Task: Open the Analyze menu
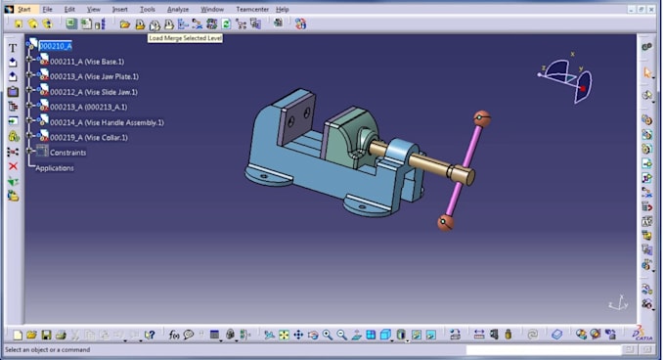coord(177,9)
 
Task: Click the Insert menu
coord(119,9)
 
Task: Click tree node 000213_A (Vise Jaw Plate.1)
coord(94,76)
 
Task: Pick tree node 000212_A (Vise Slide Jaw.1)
coord(95,92)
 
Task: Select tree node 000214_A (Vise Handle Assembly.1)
coord(107,122)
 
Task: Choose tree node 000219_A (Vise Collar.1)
coord(89,138)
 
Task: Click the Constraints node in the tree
coord(67,153)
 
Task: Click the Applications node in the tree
coord(55,168)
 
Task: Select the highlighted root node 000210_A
coord(55,45)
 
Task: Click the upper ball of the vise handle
coord(481,118)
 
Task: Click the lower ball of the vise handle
coord(445,223)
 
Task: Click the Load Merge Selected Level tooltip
coord(185,37)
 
